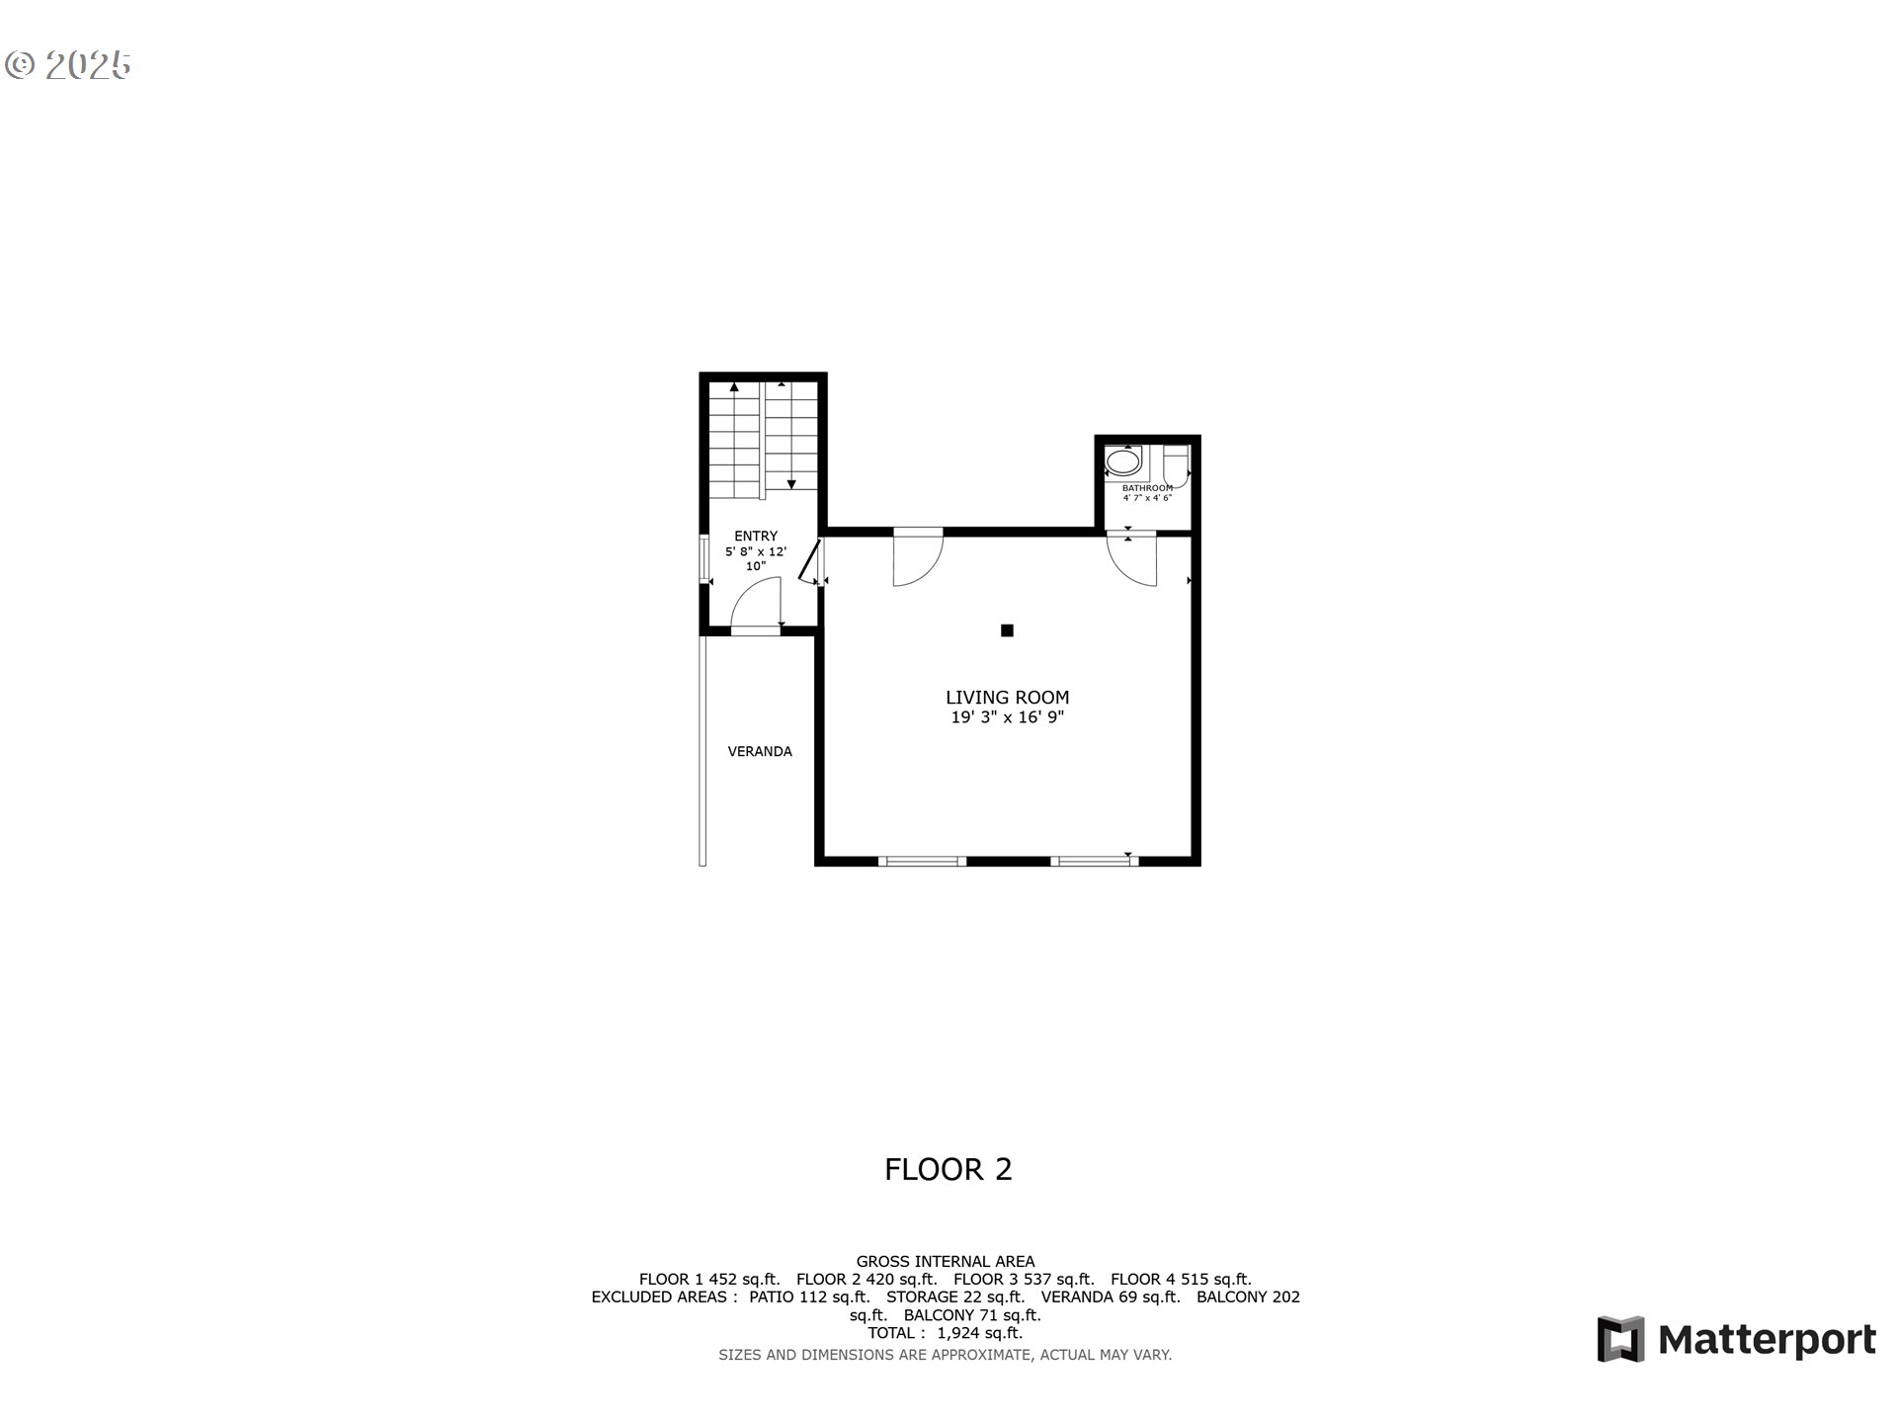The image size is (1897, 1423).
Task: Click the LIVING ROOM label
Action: (1007, 698)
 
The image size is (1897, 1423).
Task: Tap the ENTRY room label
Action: (756, 536)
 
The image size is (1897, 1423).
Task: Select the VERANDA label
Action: (760, 751)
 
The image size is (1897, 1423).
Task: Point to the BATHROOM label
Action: (1147, 488)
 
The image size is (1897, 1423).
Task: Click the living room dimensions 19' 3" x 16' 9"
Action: (1007, 718)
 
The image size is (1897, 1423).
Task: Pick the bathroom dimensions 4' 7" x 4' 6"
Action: (1147, 498)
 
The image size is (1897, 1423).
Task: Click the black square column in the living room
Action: (1007, 630)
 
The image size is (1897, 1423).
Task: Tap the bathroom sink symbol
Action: (1123, 461)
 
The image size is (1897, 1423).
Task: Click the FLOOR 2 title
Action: (948, 1170)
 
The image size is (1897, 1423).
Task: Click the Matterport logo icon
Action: (1620, 1339)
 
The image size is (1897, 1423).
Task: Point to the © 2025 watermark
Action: (68, 65)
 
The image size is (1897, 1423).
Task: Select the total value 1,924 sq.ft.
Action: (979, 1333)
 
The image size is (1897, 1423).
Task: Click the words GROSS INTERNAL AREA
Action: (945, 1262)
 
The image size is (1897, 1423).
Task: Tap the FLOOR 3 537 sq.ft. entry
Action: (1024, 1280)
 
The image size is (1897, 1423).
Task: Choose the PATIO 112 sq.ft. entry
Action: (809, 1297)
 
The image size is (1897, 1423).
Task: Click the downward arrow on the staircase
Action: (791, 483)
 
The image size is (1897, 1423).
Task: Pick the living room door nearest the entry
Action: (917, 561)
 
